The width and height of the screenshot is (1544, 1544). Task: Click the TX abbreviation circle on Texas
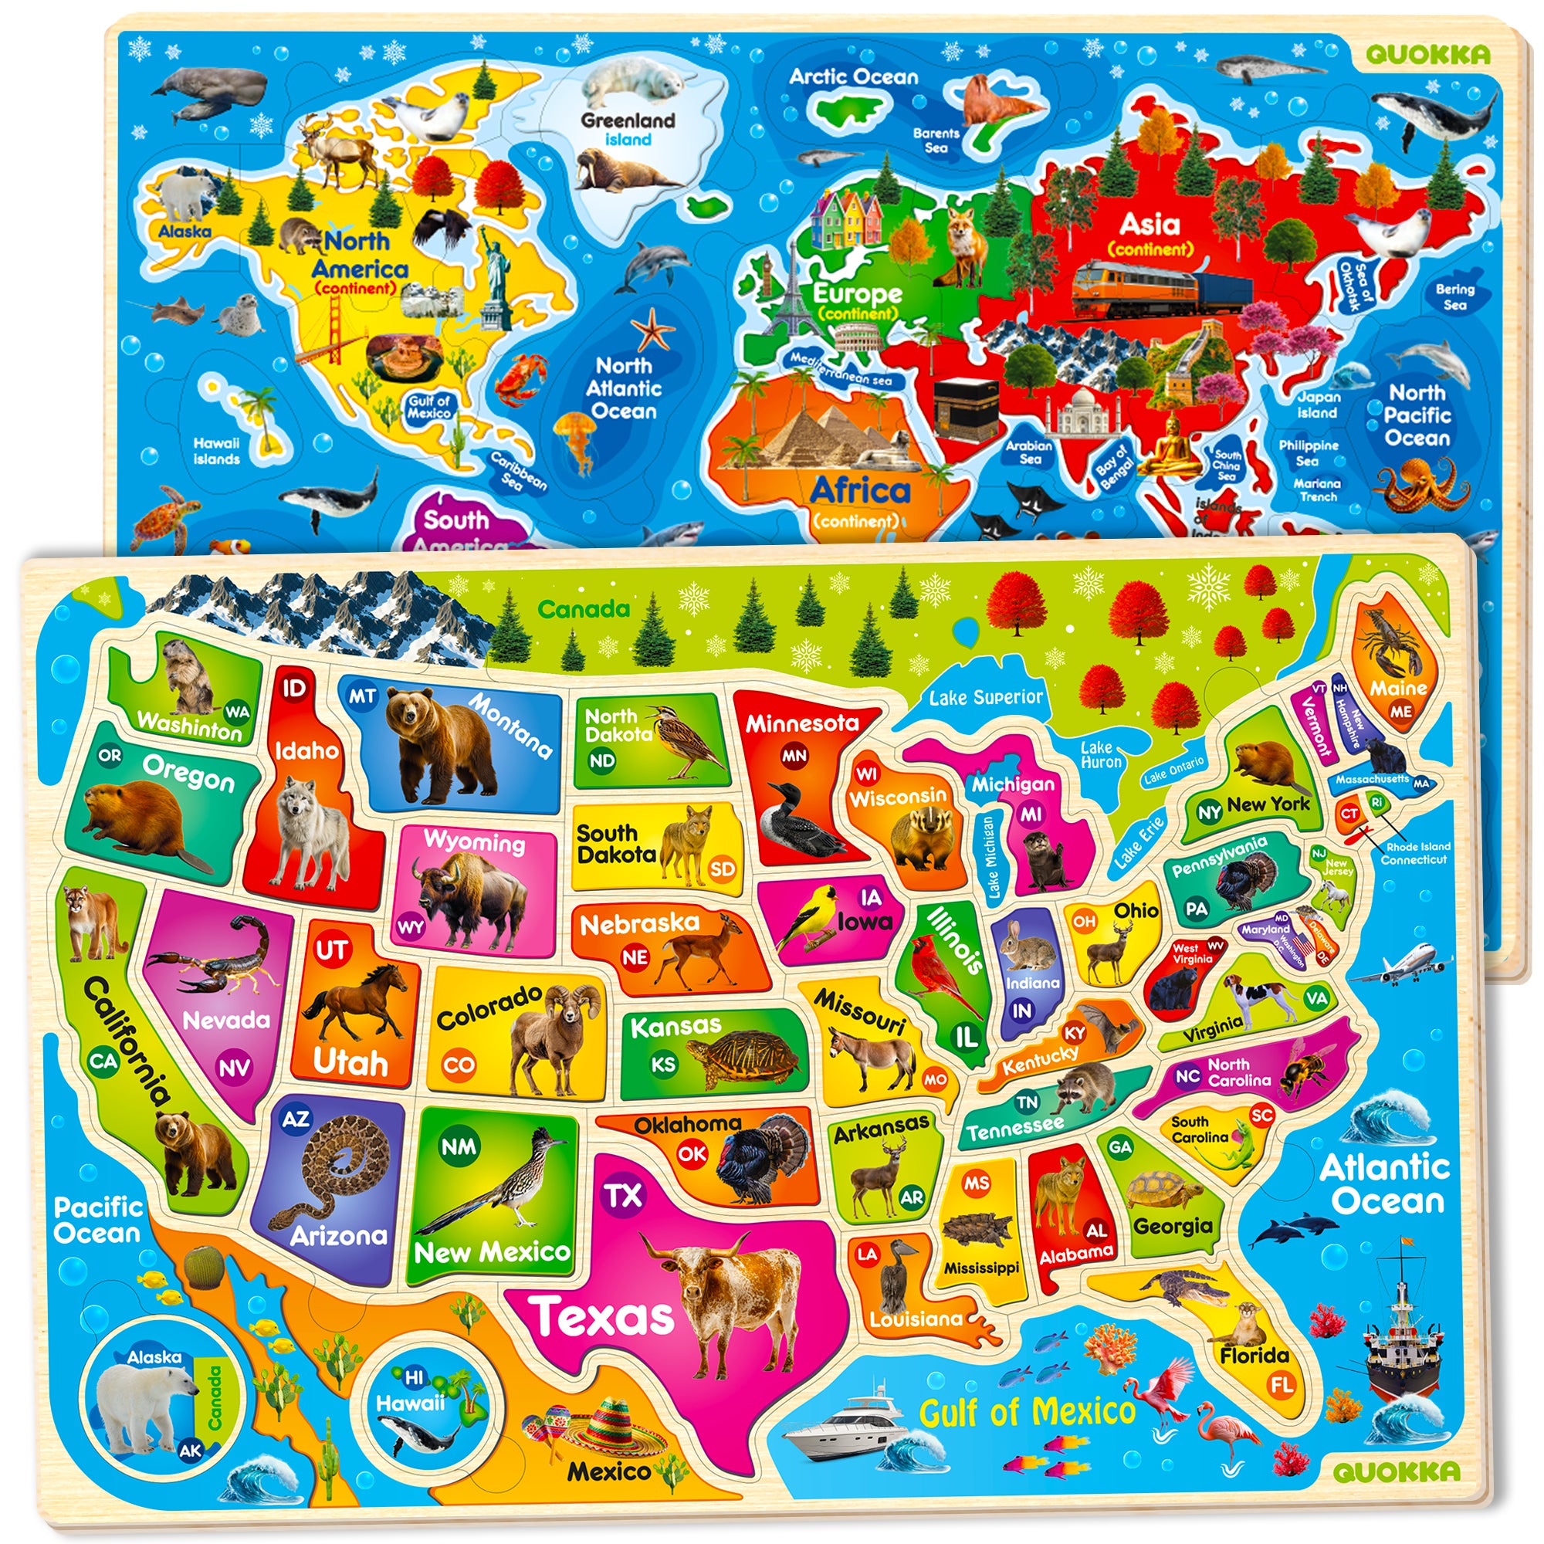[622, 1196]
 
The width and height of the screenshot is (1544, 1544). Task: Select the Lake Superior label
[985, 698]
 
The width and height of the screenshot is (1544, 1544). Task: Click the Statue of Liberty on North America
[496, 276]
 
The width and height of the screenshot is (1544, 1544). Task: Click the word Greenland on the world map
[628, 120]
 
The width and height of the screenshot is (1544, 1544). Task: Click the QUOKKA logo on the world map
[1427, 54]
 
